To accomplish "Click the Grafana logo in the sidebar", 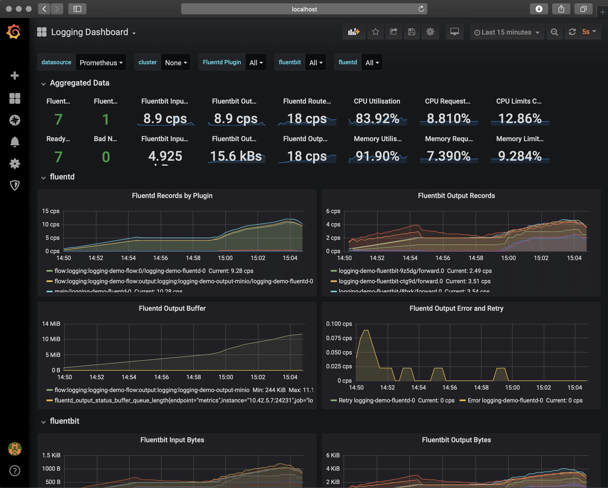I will [x=14, y=32].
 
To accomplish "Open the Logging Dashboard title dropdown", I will [x=90, y=32].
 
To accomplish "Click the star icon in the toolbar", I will [x=375, y=32].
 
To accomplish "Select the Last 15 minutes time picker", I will [x=507, y=32].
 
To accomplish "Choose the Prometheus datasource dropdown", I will [x=101, y=63].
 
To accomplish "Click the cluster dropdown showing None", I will [x=176, y=63].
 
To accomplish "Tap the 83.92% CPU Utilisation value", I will [x=377, y=118].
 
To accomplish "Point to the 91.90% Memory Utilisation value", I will [x=377, y=156].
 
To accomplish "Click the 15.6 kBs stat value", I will [x=236, y=156].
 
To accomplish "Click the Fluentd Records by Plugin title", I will [x=172, y=196].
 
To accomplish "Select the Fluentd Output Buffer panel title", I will [x=172, y=308].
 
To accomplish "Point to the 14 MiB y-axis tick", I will [x=51, y=324].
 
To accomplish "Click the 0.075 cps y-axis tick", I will [x=339, y=338].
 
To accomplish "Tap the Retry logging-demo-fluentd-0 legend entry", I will [x=376, y=400].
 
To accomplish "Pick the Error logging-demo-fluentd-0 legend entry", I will [x=505, y=400].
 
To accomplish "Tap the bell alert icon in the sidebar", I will [x=15, y=142].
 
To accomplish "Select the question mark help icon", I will [x=15, y=470].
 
